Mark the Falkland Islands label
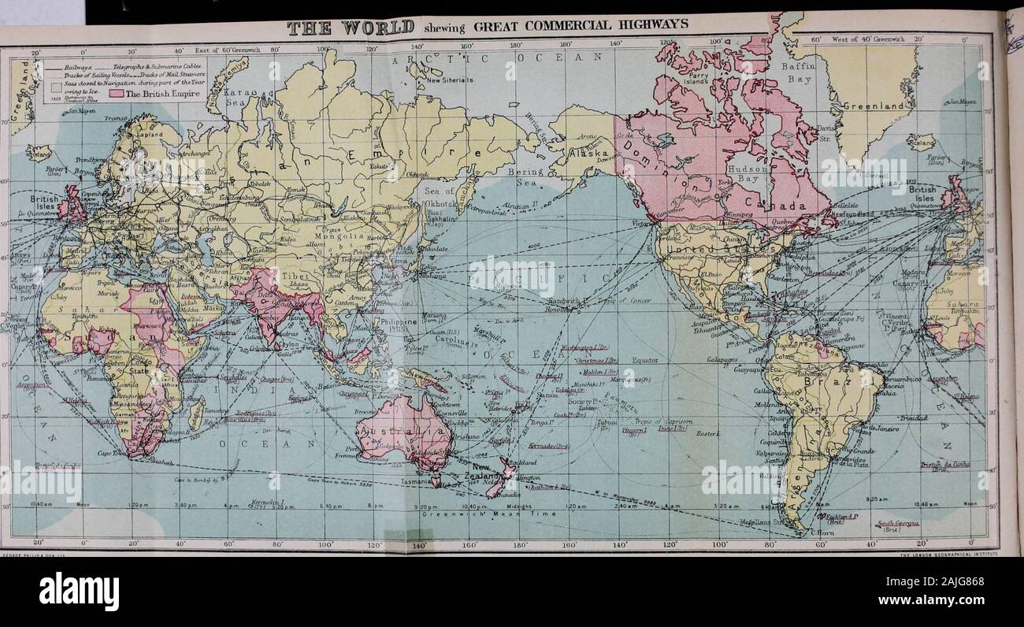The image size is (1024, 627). (x=843, y=517)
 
